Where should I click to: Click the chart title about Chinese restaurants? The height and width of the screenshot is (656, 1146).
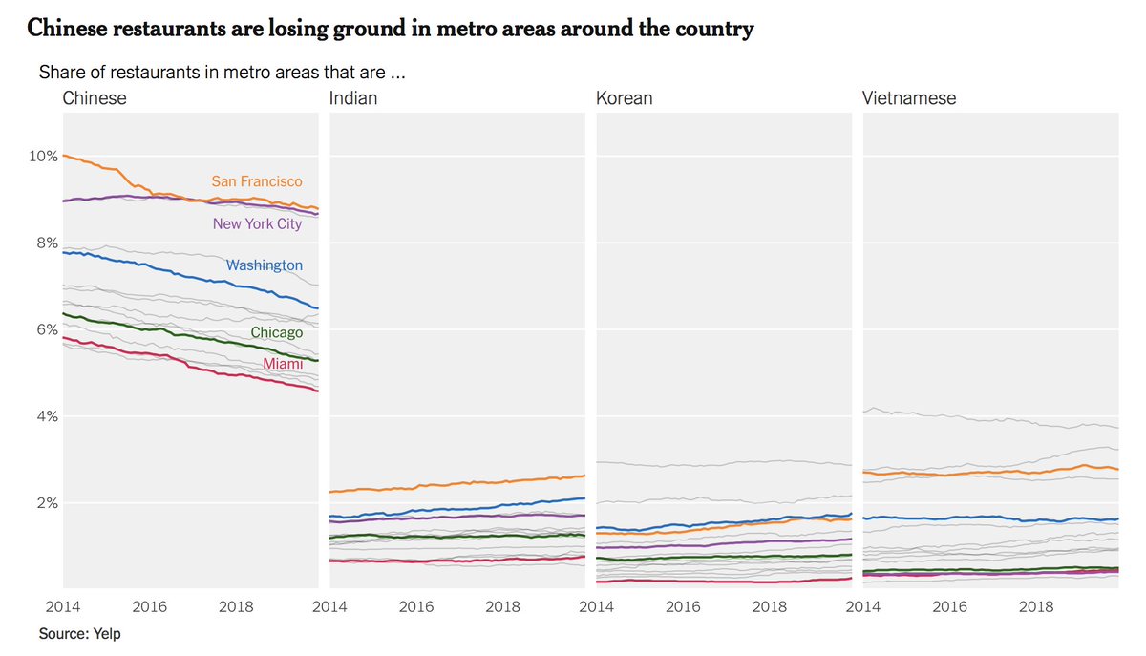pos(391,30)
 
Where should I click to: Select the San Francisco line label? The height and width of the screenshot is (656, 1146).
pos(256,181)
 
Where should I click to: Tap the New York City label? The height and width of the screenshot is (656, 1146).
pos(257,224)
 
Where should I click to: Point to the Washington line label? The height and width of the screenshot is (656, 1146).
pos(265,265)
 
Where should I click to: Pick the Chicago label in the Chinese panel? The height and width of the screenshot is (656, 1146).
pos(276,333)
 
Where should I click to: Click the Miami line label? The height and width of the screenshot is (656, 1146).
pos(283,365)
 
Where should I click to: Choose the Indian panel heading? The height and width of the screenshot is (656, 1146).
pos(352,98)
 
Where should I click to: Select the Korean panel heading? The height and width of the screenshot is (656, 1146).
pos(624,98)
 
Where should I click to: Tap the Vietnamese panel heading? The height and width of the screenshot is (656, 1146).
pos(908,98)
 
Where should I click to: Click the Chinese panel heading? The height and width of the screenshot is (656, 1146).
pos(94,98)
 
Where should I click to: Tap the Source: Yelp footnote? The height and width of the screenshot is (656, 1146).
pos(79,633)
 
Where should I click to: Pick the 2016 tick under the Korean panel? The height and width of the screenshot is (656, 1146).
pos(683,606)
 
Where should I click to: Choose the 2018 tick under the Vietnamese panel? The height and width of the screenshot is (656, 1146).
pos(1036,606)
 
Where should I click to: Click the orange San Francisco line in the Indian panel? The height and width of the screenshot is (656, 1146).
pos(458,483)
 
